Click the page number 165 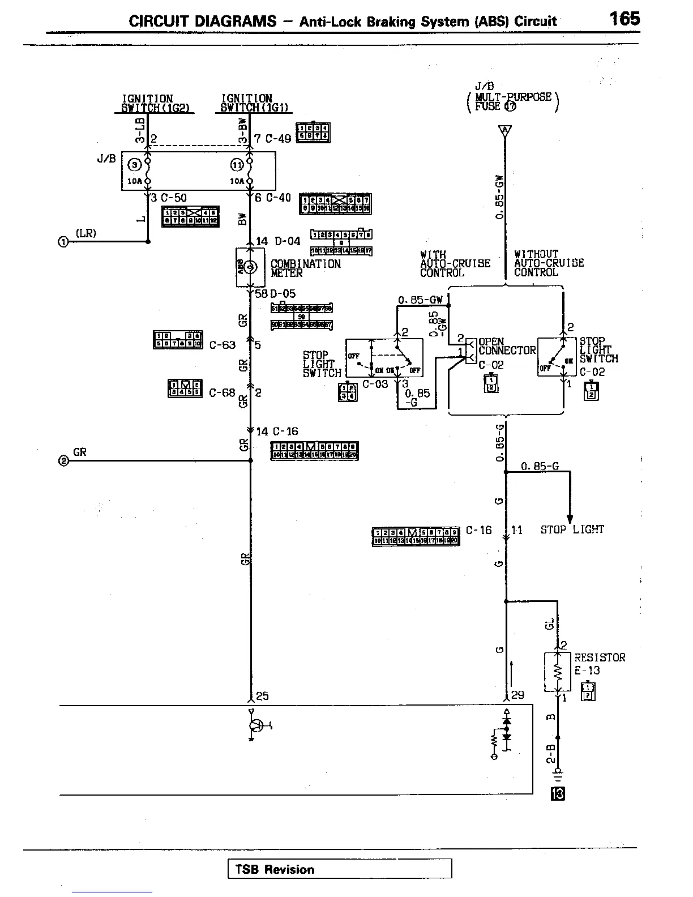624,19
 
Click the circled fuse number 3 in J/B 135,165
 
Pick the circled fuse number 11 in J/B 237,165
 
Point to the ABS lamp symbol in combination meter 251,267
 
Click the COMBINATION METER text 306,268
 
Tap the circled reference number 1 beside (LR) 63,242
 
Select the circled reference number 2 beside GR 63,461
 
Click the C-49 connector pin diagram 313,133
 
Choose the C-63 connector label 222,345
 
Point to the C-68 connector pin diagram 185,388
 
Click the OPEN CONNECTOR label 507,346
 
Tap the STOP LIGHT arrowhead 570,519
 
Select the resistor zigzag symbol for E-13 558,672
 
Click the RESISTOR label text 600,657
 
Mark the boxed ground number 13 558,795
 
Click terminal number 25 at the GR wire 262,696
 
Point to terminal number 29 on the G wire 517,695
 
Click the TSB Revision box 340,869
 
